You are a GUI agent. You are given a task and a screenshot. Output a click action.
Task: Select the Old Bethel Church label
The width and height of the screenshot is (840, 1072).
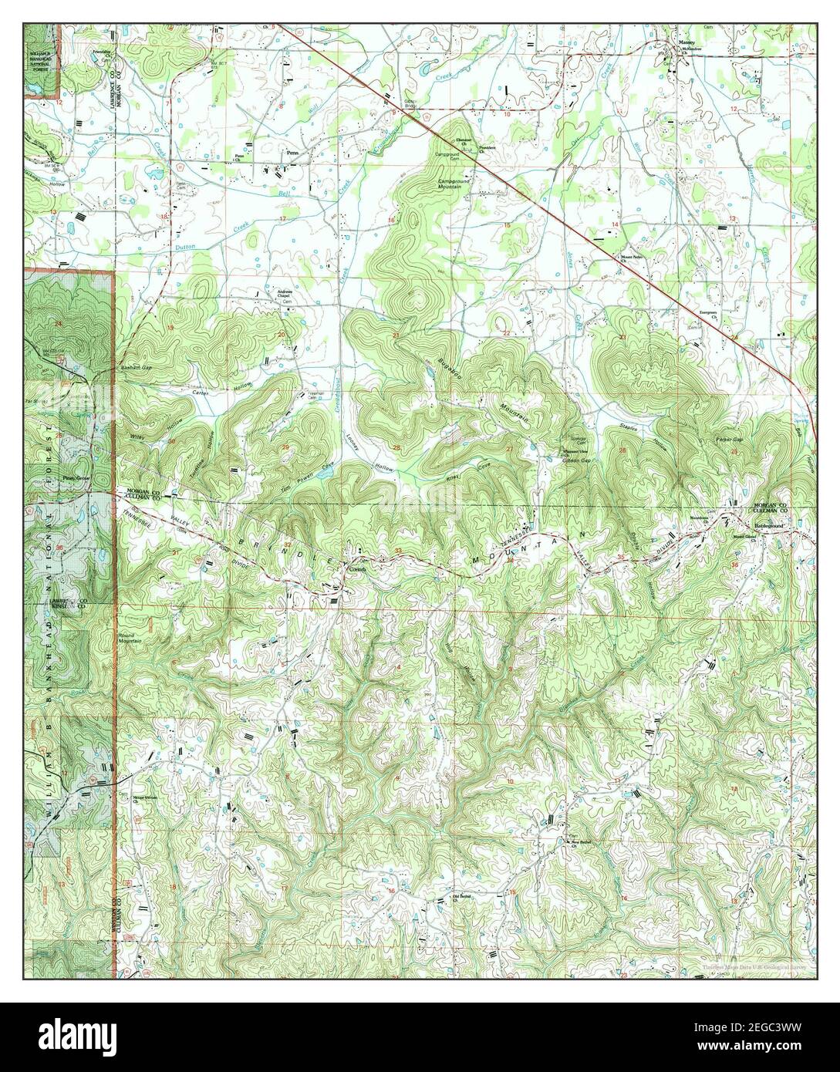(460, 896)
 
